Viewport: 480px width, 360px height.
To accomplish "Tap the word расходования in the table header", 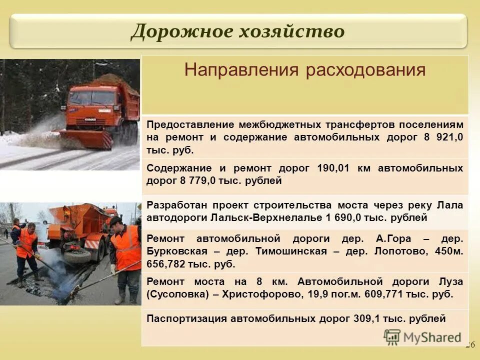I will pyautogui.click(x=366, y=70).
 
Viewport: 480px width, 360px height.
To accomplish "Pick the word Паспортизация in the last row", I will pyautogui.click(x=186, y=318).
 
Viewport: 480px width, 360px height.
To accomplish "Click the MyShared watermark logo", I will pyautogui.click(x=422, y=337).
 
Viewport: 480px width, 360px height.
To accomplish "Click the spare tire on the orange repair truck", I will pyautogui.click(x=77, y=256).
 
